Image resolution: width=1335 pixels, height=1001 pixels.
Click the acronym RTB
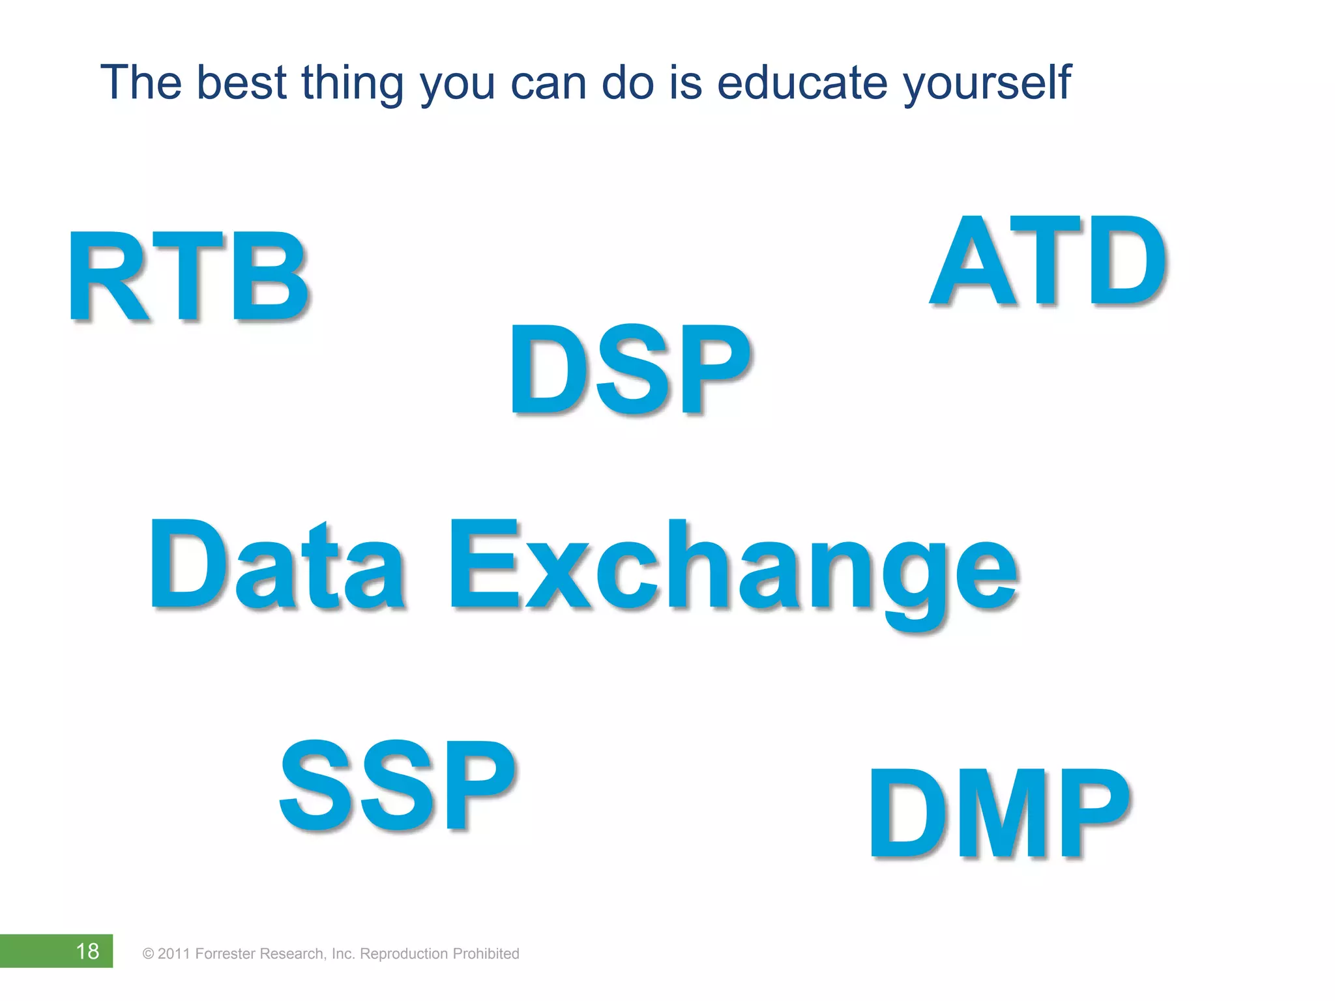coord(189,277)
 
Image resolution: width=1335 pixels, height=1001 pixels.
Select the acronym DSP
coord(630,370)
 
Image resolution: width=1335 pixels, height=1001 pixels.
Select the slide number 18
coord(87,951)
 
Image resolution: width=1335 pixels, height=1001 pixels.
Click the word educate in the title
coord(802,83)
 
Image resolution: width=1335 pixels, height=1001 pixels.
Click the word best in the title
coord(241,83)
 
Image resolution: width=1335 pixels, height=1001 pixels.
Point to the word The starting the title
coord(141,83)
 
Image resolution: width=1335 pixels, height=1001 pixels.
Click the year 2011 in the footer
coord(174,954)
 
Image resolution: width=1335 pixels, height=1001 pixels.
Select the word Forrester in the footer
coord(226,954)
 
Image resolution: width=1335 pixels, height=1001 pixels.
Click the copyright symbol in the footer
coord(148,954)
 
